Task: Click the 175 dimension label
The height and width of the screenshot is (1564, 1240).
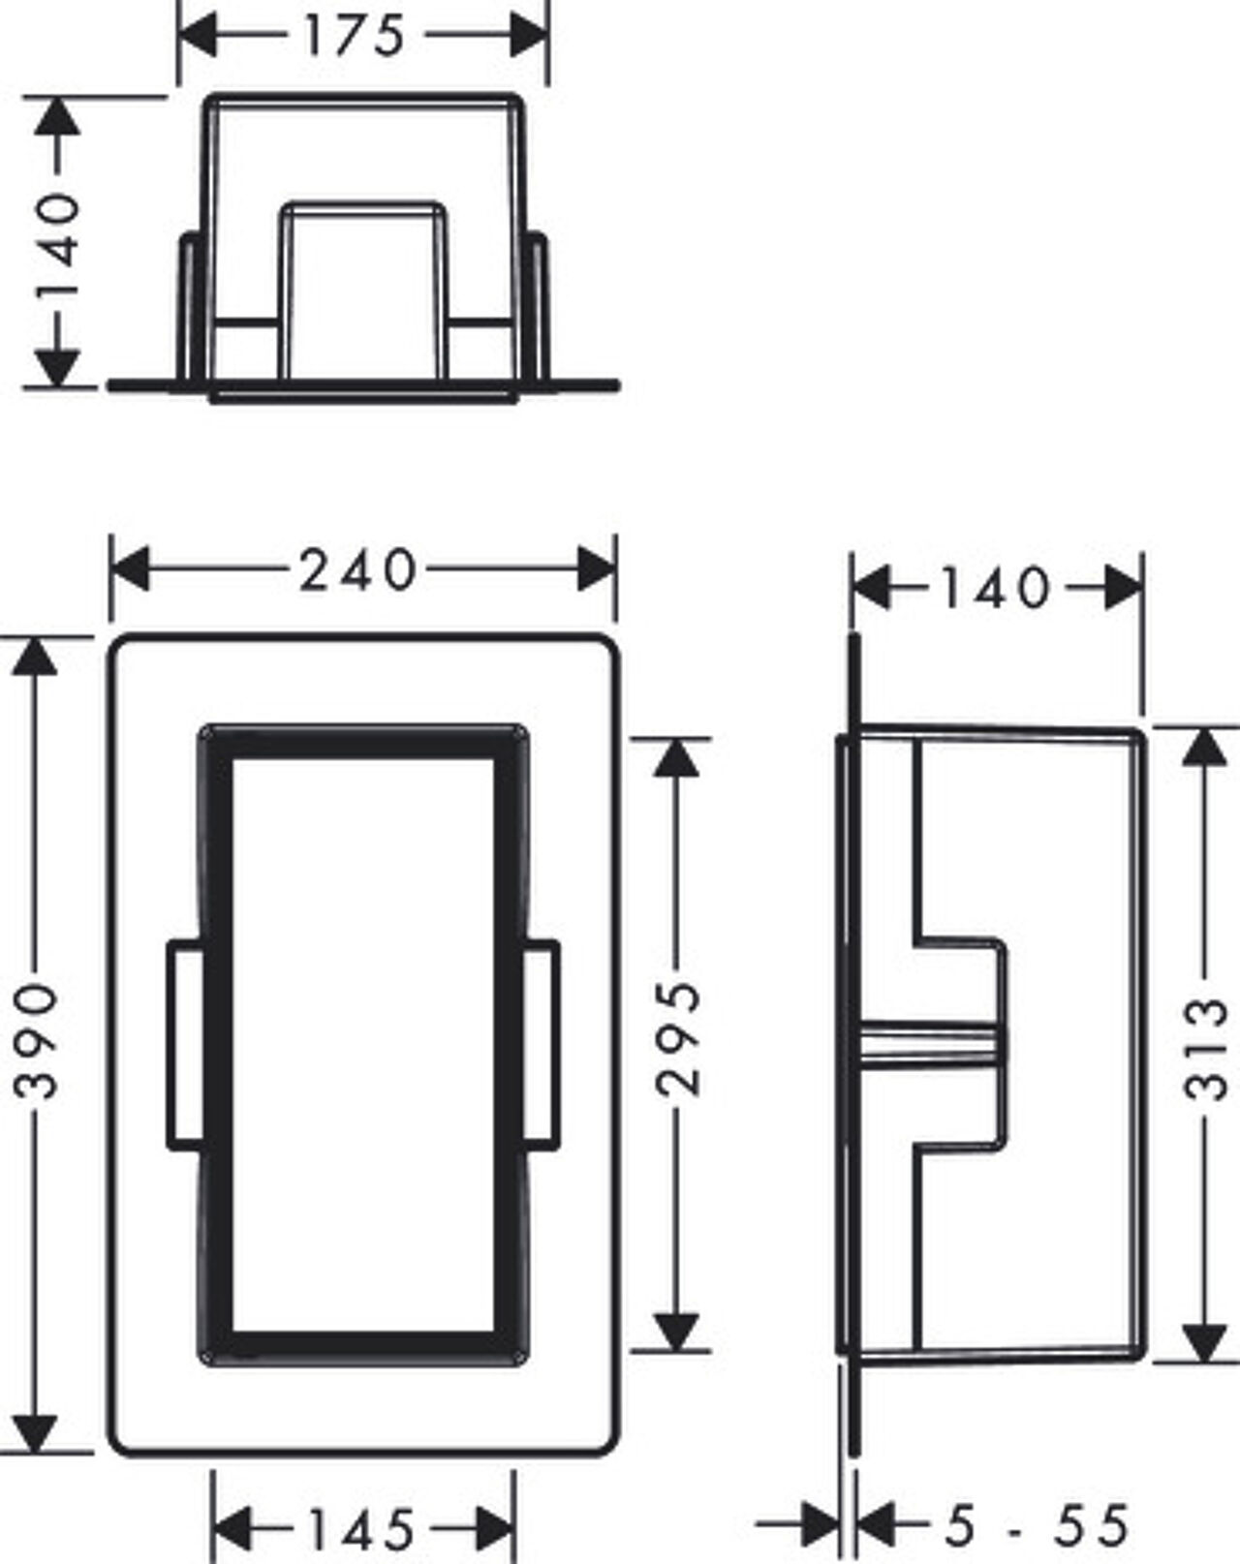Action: pos(354,37)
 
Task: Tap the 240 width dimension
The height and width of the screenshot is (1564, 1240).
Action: pos(357,569)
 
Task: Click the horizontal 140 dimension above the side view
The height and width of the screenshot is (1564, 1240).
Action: pos(997,588)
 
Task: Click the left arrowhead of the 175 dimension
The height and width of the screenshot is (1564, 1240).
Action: pos(197,35)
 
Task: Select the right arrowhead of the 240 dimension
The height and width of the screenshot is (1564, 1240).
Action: pos(597,569)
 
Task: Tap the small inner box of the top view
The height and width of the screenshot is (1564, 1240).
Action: pos(363,291)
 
